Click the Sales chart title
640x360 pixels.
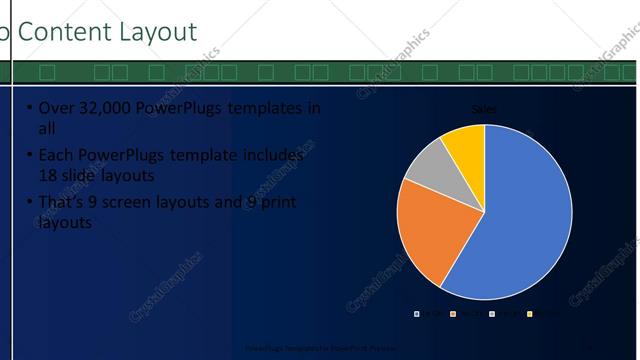pos(485,110)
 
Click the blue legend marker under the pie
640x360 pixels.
pos(417,314)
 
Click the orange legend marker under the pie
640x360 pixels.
pos(454,314)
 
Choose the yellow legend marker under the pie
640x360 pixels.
pos(529,314)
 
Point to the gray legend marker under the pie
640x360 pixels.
pos(491,314)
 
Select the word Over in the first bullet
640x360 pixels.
pos(54,108)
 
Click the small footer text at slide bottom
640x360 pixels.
pos(319,349)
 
